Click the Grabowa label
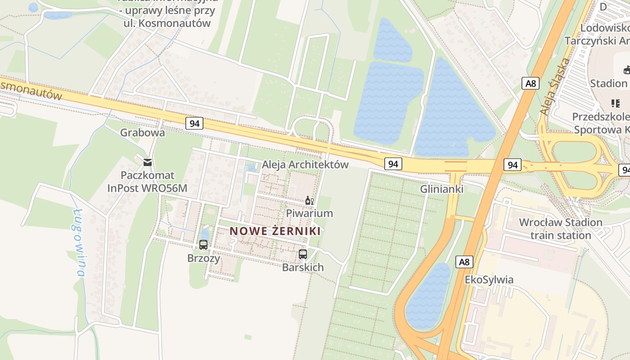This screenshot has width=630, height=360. pyautogui.click(x=142, y=133)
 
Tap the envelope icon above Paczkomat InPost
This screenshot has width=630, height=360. pyautogui.click(x=147, y=162)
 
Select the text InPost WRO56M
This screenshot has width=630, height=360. pyautogui.click(x=147, y=188)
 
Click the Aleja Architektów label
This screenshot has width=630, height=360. pyautogui.click(x=305, y=165)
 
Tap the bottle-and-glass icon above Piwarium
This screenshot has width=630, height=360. pyautogui.click(x=309, y=201)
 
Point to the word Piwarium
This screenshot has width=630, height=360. pyautogui.click(x=310, y=213)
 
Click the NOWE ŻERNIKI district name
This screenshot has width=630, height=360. pyautogui.click(x=275, y=231)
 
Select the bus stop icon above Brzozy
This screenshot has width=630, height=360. pyautogui.click(x=203, y=245)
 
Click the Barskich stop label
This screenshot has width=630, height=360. pyautogui.click(x=303, y=267)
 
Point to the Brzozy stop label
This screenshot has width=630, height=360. pyautogui.click(x=204, y=258)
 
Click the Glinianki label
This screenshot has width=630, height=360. pyautogui.click(x=441, y=189)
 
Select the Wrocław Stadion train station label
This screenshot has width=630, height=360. pyautogui.click(x=560, y=229)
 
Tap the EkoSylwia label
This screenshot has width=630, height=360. pyautogui.click(x=489, y=280)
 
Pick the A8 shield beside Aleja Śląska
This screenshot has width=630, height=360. pyautogui.click(x=531, y=83)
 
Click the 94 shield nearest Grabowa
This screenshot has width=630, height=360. pyautogui.click(x=194, y=123)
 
